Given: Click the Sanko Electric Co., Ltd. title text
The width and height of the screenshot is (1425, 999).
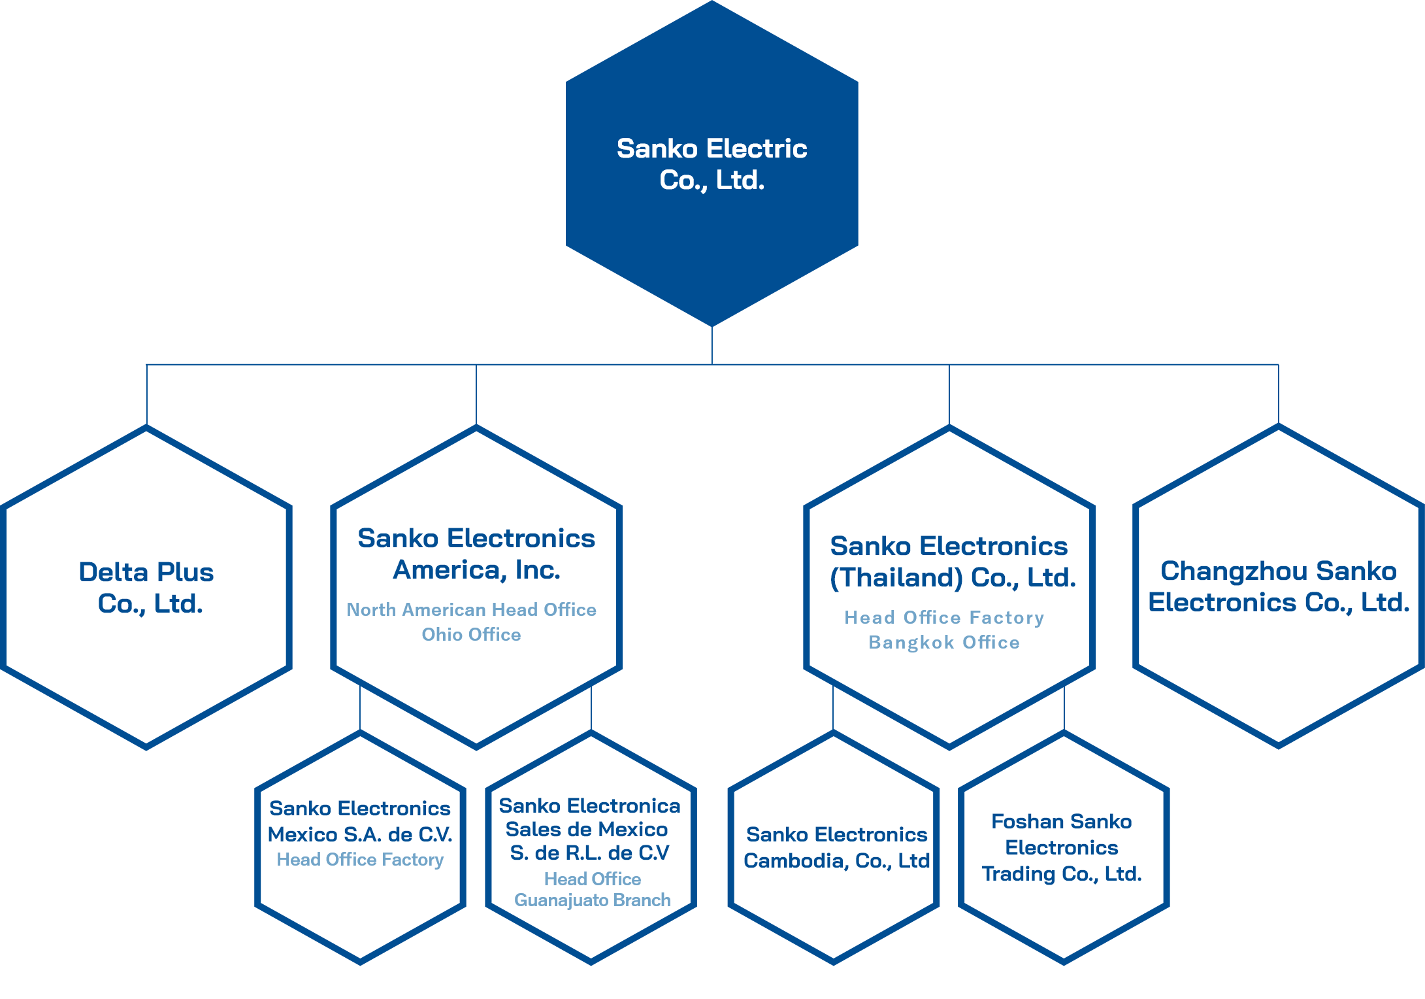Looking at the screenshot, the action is [x=712, y=164].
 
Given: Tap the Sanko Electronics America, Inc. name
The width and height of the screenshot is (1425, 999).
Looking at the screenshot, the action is [x=476, y=554].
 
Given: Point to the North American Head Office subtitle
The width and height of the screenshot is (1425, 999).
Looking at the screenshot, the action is [x=471, y=609].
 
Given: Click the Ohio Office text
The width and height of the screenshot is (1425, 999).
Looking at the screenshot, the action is [x=471, y=634].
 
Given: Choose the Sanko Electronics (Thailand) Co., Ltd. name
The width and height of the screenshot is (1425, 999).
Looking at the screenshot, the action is [x=953, y=562].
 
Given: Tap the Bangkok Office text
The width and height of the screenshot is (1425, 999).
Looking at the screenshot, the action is [x=944, y=643].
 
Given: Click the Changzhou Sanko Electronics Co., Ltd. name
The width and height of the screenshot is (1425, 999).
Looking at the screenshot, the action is [x=1279, y=586].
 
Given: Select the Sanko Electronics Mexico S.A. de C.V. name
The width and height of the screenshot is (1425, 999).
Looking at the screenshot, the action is [x=360, y=821].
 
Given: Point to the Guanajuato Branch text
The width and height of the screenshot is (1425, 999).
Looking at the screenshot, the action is [x=593, y=900].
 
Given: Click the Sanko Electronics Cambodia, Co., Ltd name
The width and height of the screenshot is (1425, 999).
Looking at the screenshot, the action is [x=837, y=847].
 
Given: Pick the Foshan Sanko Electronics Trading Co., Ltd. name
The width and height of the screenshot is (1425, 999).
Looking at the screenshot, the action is [x=1062, y=847].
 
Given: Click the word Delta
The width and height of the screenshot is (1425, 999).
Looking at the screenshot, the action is [x=114, y=572].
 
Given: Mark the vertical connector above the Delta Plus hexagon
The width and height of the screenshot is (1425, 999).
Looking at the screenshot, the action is [x=147, y=395].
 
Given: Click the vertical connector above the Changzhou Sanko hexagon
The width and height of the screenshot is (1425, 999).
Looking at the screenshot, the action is [x=1279, y=394].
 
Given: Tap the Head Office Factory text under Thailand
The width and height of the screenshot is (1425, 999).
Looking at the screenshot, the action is [x=944, y=618].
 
